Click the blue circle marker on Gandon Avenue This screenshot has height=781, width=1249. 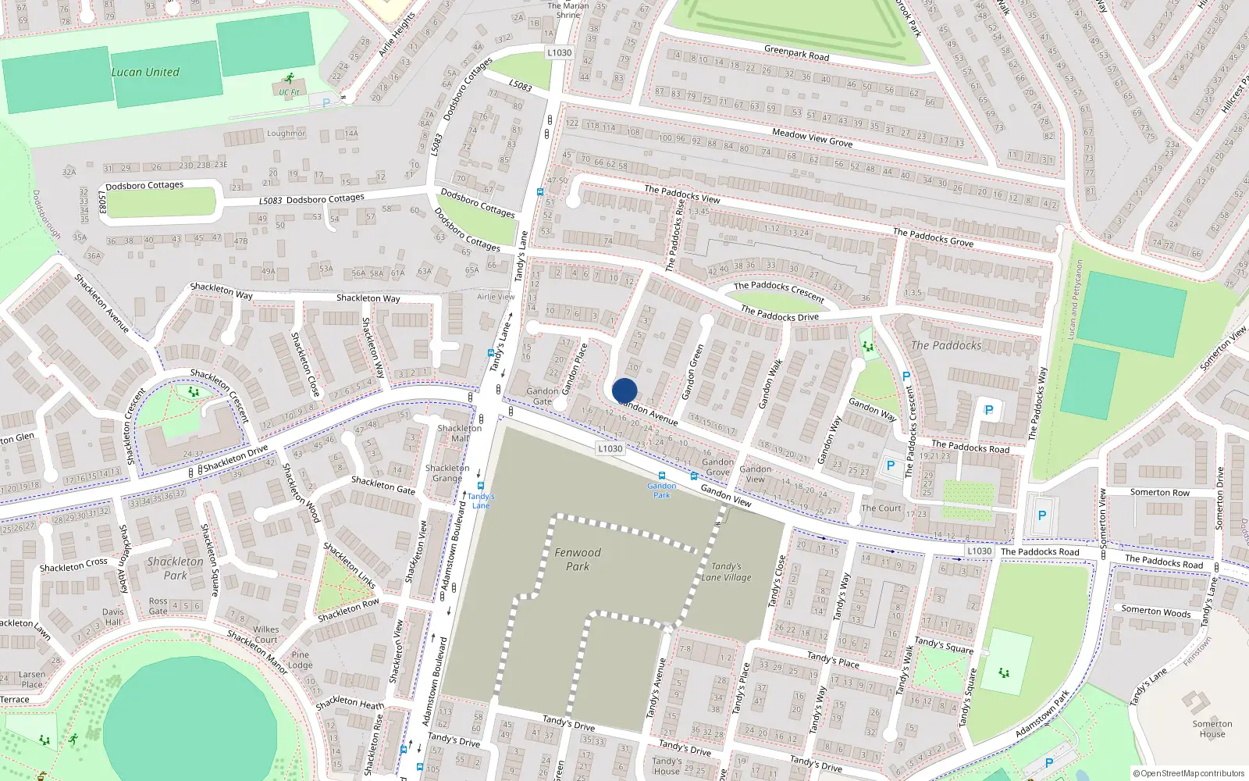coord(624,390)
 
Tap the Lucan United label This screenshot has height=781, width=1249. coord(145,72)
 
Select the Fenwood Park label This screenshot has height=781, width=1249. coord(578,559)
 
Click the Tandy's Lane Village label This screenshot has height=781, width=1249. coord(726,572)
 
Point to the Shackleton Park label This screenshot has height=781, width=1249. coord(175,568)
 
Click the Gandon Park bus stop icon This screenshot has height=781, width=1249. coord(662,476)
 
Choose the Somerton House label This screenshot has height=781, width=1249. coord(1212,729)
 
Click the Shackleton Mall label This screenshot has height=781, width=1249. coord(460,433)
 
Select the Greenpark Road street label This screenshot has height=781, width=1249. coord(796,52)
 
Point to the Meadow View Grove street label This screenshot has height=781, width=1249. coord(812,138)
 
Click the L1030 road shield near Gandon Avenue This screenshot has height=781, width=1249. coord(610,448)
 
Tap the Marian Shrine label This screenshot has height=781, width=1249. coord(568,10)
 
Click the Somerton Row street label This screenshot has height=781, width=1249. coord(1160,492)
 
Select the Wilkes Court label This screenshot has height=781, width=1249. coord(266,634)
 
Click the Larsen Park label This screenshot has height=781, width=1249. coord(32,679)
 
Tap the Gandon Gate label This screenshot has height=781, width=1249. coord(542,396)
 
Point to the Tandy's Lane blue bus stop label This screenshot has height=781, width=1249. coord(481,501)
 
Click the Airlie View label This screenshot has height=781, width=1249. coord(496,297)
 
